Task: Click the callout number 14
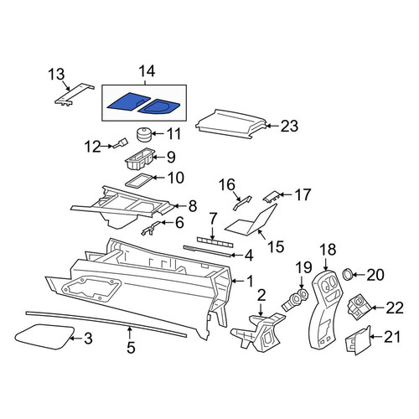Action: click(x=147, y=71)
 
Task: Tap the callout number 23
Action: click(x=289, y=126)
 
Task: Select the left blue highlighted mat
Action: click(x=129, y=102)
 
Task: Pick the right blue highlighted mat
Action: click(x=159, y=106)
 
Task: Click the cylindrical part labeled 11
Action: click(x=143, y=135)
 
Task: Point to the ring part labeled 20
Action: click(x=348, y=274)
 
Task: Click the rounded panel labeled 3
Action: click(x=44, y=337)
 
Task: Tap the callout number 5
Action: click(x=131, y=348)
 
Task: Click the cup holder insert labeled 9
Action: click(x=139, y=158)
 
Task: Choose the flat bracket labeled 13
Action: click(x=73, y=95)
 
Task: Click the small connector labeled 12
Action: click(x=121, y=143)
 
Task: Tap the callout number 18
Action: click(x=328, y=250)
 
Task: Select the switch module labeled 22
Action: click(x=359, y=308)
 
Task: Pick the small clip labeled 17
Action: click(x=271, y=196)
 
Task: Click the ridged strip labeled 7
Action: click(x=215, y=241)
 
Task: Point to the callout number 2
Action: click(x=261, y=295)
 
